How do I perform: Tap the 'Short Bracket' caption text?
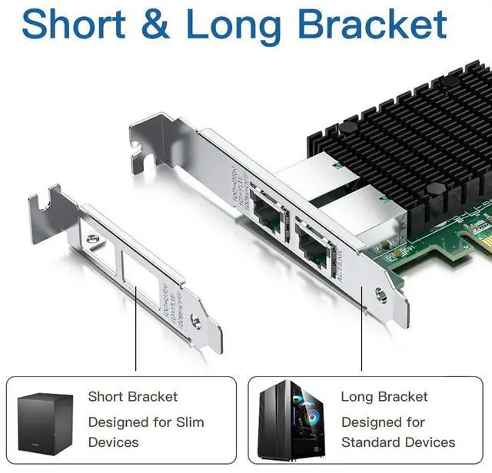[x=132, y=397]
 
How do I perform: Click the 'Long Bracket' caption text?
[x=384, y=397]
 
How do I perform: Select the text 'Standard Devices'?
[x=398, y=442]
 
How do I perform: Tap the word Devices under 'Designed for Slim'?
[x=114, y=442]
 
